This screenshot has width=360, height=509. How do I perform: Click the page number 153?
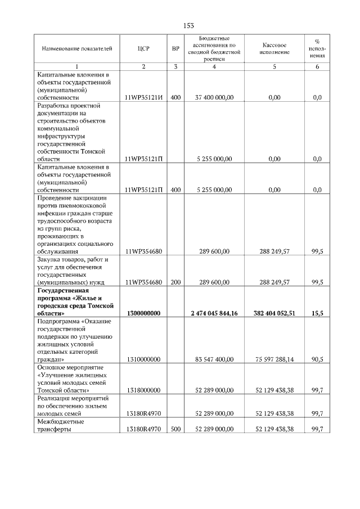(189, 25)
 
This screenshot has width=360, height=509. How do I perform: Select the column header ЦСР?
(143, 49)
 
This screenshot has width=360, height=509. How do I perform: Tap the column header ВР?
(175, 49)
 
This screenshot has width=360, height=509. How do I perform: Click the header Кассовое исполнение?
(274, 48)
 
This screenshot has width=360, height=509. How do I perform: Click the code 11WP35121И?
(143, 98)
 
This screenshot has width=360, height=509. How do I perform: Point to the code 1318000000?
(143, 390)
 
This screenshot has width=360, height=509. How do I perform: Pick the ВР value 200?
(175, 282)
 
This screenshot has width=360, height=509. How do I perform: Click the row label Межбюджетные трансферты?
(61, 425)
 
